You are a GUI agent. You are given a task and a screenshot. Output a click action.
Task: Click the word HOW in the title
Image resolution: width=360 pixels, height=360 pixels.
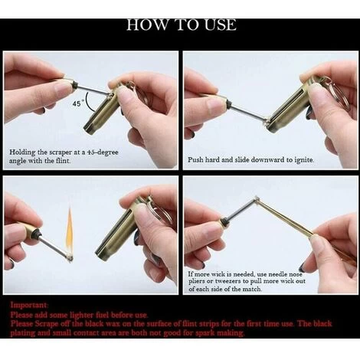point(147,25)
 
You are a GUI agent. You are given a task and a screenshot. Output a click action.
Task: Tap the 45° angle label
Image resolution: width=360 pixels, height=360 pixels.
point(77,103)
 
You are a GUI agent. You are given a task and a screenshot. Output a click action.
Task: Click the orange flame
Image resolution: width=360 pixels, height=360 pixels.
point(70,231)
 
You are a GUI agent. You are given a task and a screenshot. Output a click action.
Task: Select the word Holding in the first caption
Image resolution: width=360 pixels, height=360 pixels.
point(22,152)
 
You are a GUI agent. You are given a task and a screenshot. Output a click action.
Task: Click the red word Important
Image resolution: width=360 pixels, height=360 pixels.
point(29,305)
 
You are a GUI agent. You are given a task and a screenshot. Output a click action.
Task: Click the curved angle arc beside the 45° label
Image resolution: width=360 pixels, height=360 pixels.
point(89,102)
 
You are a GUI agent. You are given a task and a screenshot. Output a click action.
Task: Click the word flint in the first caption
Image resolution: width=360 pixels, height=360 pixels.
point(63,161)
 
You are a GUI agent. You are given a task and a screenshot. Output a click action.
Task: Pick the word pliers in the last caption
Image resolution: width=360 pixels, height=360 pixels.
point(196,282)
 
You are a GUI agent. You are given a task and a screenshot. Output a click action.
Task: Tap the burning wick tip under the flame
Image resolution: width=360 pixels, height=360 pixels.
point(68,257)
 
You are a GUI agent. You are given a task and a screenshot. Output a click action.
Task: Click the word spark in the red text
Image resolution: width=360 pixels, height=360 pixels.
point(205,333)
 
